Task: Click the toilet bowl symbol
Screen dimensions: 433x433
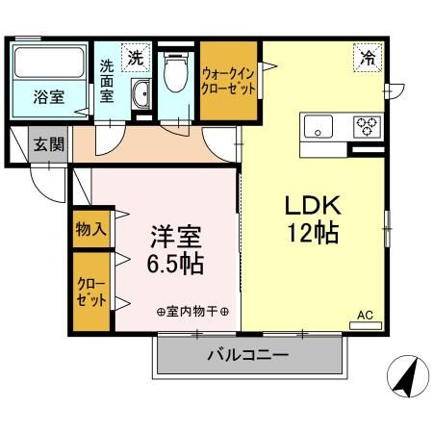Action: pos(175,72)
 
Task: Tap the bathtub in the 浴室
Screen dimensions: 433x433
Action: pos(49,63)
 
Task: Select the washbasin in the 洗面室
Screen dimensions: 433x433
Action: pos(141,94)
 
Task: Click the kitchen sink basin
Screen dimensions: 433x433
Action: pos(318,126)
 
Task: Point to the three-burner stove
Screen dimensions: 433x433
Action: pos(367,127)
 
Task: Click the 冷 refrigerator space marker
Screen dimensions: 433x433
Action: pos(368,58)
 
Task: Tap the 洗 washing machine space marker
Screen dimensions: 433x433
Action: pos(136,58)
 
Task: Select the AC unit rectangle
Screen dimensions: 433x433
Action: pos(366,326)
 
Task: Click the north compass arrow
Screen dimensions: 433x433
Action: pos(406,377)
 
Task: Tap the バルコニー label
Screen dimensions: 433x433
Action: pos(248,355)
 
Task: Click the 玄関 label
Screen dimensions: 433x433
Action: pos(49,144)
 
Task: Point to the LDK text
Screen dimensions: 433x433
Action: pos(313,206)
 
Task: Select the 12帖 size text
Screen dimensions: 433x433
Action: pos(313,233)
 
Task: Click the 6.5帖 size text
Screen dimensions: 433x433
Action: pos(175,264)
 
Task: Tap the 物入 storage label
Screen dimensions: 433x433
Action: pos(90,229)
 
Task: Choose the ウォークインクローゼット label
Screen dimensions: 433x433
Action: pos(228,81)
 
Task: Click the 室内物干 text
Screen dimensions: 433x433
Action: pos(192,312)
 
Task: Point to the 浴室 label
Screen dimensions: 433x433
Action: pos(49,97)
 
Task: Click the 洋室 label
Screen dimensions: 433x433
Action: pos(176,237)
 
